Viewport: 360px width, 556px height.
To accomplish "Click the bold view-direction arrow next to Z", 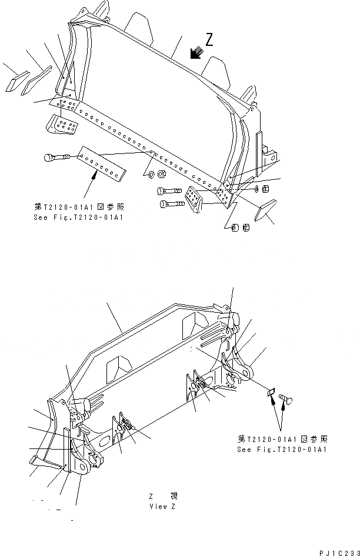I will tap(196, 54).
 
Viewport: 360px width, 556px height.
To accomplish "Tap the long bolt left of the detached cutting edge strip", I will tap(56, 157).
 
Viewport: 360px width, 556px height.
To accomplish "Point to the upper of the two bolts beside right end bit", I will tap(168, 191).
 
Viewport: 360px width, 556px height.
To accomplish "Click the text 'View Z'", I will tap(162, 505).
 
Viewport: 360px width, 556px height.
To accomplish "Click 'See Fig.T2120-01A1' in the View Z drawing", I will tap(282, 449).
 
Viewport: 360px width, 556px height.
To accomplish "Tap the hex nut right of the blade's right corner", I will tap(265, 189).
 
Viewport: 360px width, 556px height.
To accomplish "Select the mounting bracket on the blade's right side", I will tap(269, 154).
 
